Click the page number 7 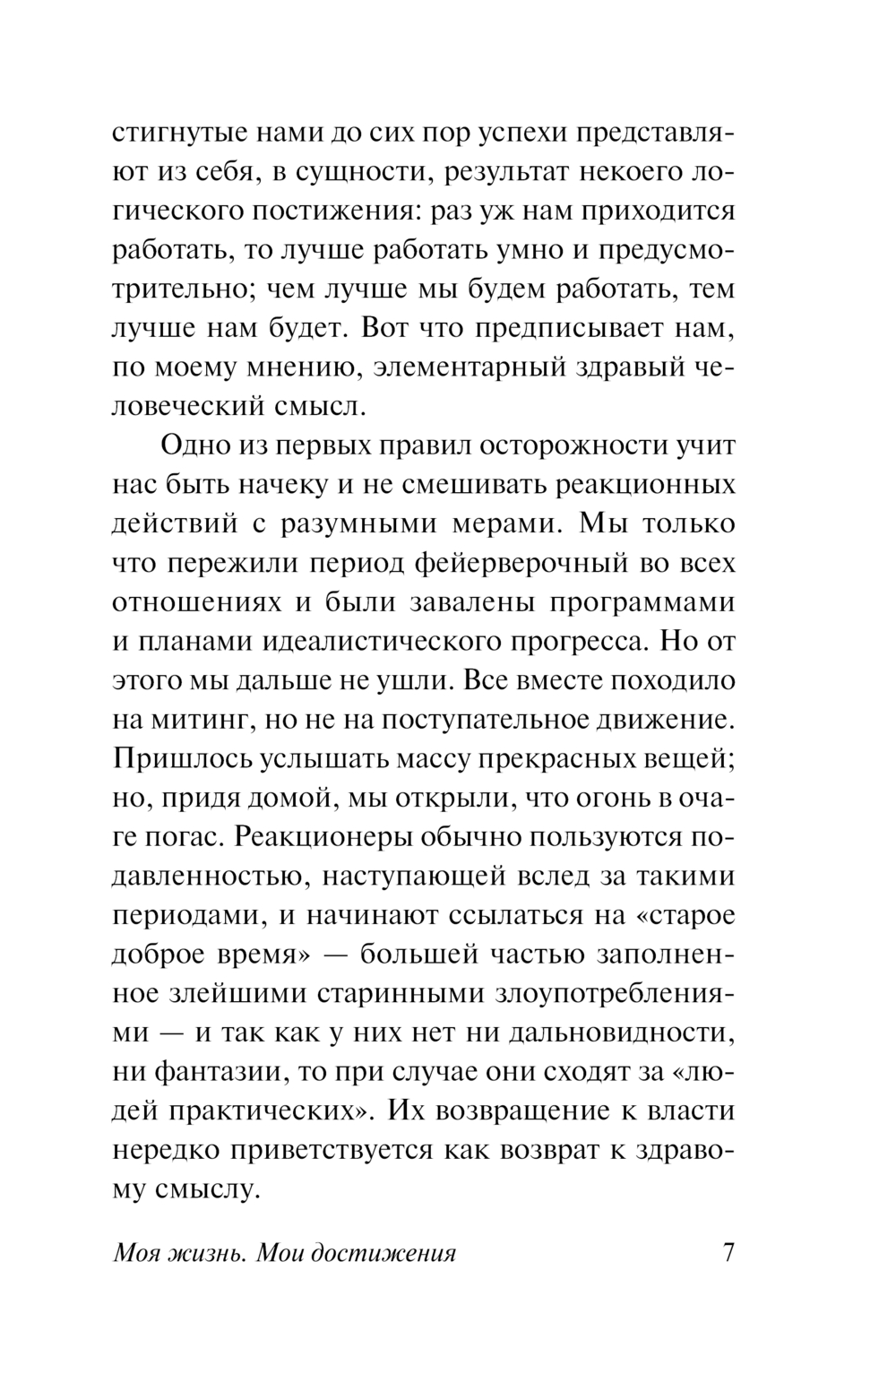click(x=728, y=1251)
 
